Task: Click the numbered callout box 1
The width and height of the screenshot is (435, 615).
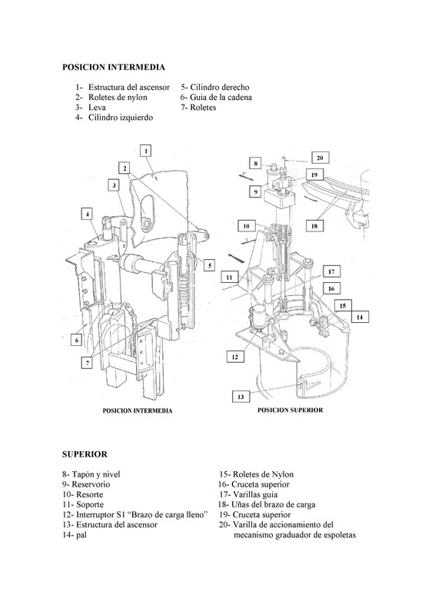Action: click(146, 151)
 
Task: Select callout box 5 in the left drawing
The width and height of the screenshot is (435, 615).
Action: click(210, 265)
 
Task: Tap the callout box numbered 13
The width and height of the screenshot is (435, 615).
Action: click(241, 397)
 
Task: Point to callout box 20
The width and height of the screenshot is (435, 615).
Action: click(320, 158)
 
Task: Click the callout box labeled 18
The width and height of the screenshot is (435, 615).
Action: click(314, 226)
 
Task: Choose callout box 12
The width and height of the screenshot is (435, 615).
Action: click(235, 357)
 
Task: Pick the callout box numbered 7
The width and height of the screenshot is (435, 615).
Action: click(87, 363)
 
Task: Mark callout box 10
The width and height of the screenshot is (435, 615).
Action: click(247, 226)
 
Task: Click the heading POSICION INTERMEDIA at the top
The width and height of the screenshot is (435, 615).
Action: click(113, 67)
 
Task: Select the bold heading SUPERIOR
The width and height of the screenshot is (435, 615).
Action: click(85, 454)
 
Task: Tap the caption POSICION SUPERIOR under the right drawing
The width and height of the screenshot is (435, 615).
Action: click(291, 410)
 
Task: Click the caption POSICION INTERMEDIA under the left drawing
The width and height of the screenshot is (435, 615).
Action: click(138, 411)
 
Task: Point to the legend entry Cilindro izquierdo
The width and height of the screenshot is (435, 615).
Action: click(121, 118)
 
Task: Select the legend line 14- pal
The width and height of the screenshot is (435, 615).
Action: click(75, 535)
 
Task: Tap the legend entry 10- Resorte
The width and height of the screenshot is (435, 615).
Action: click(83, 494)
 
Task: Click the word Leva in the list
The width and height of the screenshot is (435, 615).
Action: click(97, 107)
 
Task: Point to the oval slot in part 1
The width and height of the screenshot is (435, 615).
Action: click(148, 212)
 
